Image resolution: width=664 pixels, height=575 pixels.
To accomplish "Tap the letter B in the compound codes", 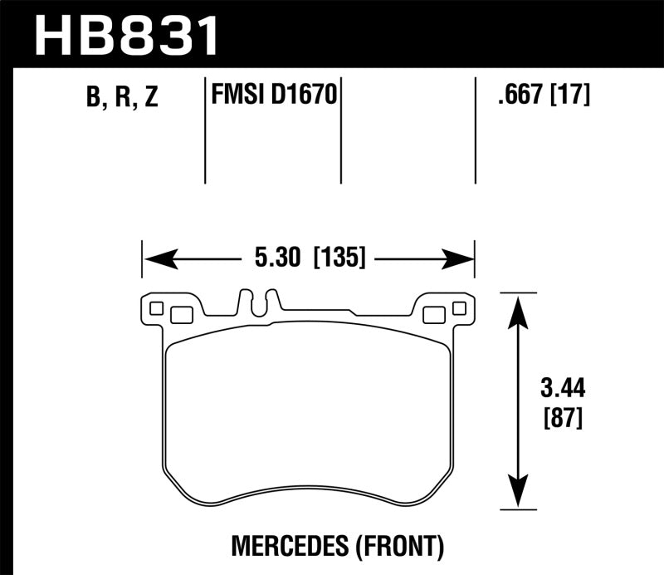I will click(93, 98).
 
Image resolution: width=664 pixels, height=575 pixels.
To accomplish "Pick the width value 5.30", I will click(273, 258).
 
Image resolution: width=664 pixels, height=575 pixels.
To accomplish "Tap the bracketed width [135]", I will click(339, 258).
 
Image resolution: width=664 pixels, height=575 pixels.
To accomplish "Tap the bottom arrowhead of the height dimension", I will click(518, 496).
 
